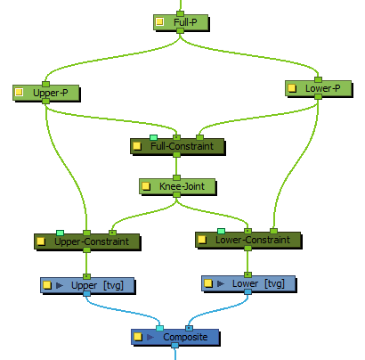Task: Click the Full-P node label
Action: [x=185, y=22]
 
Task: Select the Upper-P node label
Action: [x=51, y=93]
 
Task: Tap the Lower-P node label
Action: [x=323, y=88]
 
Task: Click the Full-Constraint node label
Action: [x=182, y=146]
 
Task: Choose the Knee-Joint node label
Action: [x=182, y=186]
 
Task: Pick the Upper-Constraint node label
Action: [x=92, y=241]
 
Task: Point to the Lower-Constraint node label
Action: [x=253, y=240]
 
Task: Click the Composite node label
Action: [x=185, y=337]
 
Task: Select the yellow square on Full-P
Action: [x=159, y=21]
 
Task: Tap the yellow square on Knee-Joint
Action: [x=145, y=186]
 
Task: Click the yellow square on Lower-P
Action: [x=292, y=88]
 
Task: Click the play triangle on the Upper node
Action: [x=60, y=285]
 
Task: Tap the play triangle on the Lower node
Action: [x=221, y=283]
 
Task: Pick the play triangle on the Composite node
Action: [x=150, y=337]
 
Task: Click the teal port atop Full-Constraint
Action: [x=153, y=137]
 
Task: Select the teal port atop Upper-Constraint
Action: [x=60, y=233]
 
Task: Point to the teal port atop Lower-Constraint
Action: [x=221, y=231]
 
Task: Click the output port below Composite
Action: [x=175, y=346]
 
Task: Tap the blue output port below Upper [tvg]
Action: [x=86, y=294]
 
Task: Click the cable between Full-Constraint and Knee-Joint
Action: [x=176, y=167]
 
